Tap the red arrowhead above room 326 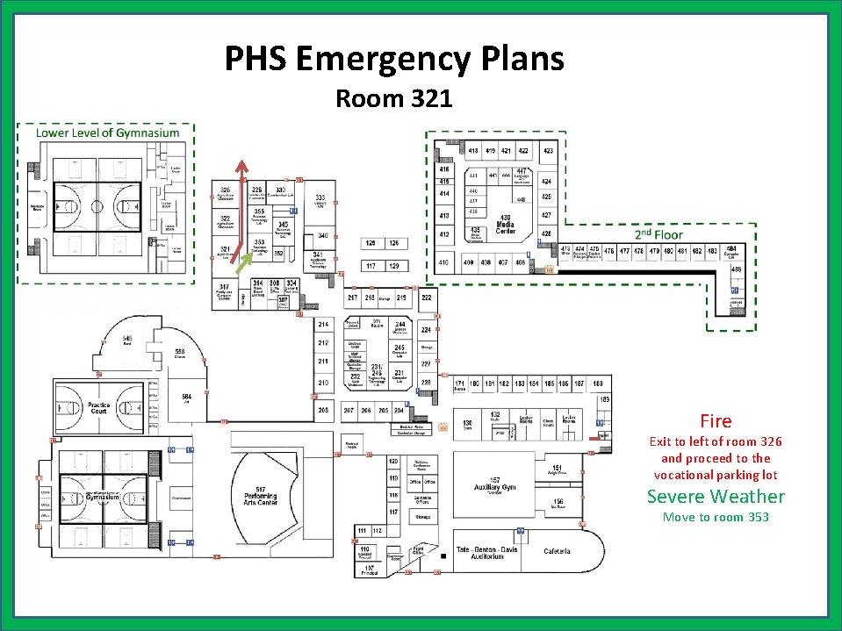pos(243,166)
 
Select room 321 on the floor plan pos(225,254)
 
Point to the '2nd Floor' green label pos(658,234)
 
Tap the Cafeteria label pos(557,551)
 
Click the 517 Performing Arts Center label pos(261,496)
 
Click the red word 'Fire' pos(715,421)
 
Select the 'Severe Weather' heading pos(716,497)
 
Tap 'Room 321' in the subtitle pos(393,98)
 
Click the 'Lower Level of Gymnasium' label pos(107,133)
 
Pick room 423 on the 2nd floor pos(548,152)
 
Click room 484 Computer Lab pos(730,252)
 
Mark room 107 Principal pos(370,570)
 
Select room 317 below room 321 pos(225,291)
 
